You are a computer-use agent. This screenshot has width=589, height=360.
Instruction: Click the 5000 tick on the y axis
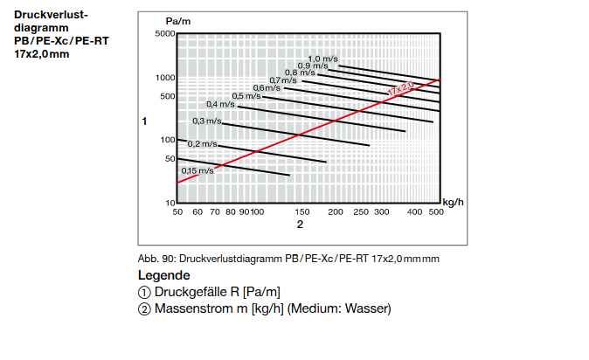point(166,34)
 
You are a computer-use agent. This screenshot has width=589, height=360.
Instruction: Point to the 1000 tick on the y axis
point(166,78)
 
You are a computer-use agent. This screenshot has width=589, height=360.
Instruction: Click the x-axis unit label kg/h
point(453,202)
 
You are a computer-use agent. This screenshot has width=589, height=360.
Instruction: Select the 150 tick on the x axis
point(302,212)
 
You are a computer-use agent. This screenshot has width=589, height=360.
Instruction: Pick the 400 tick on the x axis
point(412,212)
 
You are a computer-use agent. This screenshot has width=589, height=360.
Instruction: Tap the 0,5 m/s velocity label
point(246,96)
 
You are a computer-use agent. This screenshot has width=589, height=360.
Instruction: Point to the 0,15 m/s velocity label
point(197,171)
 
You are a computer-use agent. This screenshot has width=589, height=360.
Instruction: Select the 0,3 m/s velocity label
point(207,121)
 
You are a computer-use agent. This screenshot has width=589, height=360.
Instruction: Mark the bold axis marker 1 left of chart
point(145,121)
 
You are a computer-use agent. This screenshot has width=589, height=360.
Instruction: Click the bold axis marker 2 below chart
point(299,225)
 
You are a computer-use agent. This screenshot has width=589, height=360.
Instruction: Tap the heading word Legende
point(164,275)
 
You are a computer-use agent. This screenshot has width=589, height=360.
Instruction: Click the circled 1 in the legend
point(144,292)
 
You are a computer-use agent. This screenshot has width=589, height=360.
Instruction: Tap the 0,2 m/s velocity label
point(202,143)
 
